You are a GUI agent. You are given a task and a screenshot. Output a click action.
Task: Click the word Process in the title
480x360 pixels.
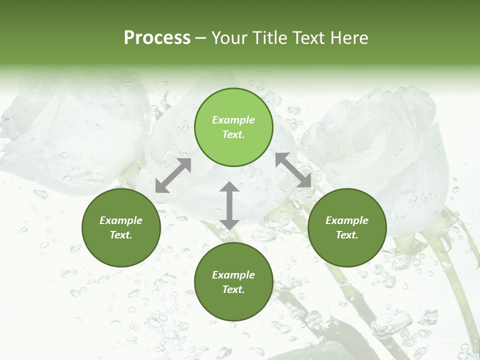coord(157,38)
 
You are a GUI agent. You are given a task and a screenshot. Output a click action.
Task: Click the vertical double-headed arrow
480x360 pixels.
coord(229,205)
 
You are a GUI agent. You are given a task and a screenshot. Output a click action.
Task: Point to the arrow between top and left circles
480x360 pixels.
coord(173,175)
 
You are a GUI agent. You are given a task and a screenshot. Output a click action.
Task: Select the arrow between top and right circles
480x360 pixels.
coord(293,170)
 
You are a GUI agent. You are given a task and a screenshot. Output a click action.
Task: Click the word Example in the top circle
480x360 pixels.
coord(233,120)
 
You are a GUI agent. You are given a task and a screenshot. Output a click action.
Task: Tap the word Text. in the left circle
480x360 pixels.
coord(121,235)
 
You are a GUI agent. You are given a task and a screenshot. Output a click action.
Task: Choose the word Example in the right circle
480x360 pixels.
coord(347,220)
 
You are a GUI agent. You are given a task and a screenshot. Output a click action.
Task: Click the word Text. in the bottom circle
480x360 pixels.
coord(233,289)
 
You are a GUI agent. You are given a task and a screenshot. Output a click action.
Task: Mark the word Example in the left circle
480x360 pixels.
coord(121,220)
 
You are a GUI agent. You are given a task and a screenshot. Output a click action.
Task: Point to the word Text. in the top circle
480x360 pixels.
coord(233,134)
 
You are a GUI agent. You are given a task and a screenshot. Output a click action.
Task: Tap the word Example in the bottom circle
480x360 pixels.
coord(233,275)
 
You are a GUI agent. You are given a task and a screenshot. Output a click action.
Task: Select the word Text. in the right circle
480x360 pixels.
coord(347,235)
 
